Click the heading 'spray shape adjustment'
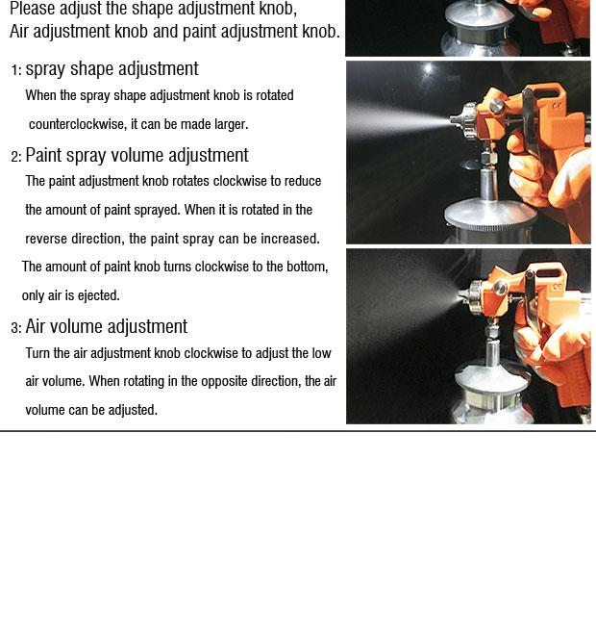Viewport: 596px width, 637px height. pos(112,69)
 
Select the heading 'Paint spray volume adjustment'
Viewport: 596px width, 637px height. pos(137,156)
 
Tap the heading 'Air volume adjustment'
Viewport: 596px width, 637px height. pos(107,326)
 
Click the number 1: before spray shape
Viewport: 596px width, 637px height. pos(16,70)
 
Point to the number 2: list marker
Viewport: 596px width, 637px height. pos(16,157)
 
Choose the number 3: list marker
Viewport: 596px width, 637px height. pos(16,328)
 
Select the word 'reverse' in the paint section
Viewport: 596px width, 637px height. pos(46,239)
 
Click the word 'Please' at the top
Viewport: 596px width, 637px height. pos(32,9)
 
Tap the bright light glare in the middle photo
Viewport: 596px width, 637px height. pos(428,68)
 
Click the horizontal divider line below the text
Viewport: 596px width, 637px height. pos(298,431)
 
